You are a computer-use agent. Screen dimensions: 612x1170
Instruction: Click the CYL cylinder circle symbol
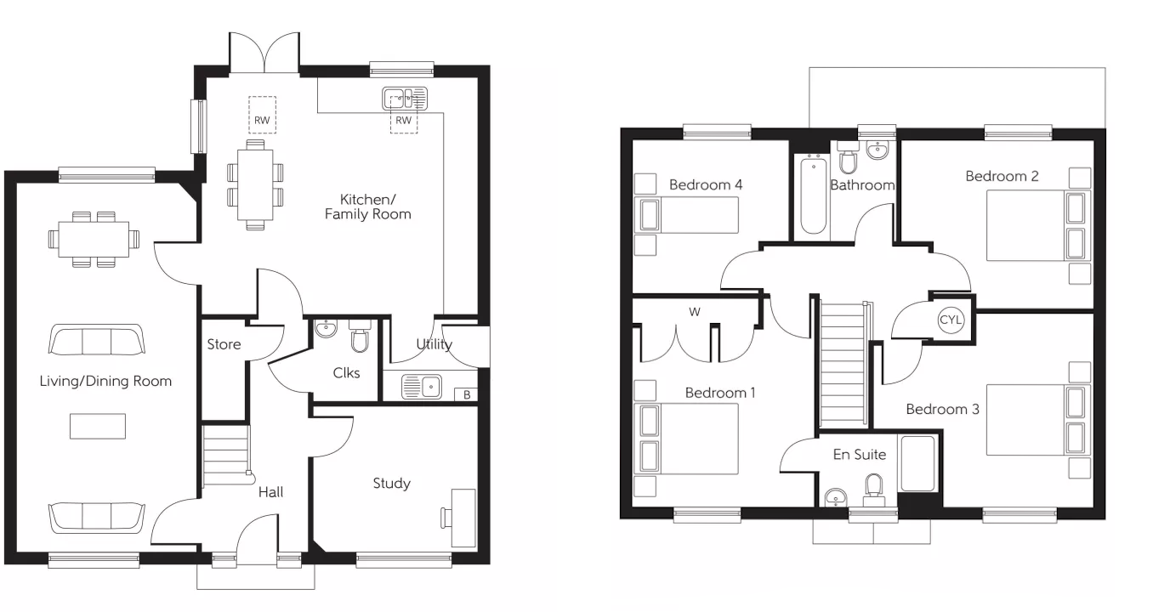(x=950, y=320)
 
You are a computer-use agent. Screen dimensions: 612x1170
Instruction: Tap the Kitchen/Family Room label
(x=367, y=207)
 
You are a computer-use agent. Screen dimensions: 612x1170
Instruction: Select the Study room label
(x=391, y=484)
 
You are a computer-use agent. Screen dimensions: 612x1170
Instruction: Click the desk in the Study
(x=464, y=517)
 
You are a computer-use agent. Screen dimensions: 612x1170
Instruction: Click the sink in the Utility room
(x=423, y=388)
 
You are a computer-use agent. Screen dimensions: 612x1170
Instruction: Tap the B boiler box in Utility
(x=467, y=394)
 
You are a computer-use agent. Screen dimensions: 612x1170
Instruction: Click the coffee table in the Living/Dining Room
(x=98, y=426)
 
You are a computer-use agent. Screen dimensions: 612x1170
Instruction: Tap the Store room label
(x=224, y=344)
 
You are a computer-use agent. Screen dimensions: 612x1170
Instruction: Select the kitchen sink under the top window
(x=406, y=99)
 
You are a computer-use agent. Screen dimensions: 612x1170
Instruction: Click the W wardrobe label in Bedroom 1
(x=695, y=312)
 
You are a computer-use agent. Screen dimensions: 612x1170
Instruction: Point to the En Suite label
(x=859, y=455)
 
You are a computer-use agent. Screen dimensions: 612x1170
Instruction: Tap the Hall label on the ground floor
(x=270, y=492)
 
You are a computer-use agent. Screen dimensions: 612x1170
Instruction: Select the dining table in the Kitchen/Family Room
(x=255, y=184)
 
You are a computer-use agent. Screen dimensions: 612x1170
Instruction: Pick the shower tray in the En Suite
(x=917, y=464)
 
